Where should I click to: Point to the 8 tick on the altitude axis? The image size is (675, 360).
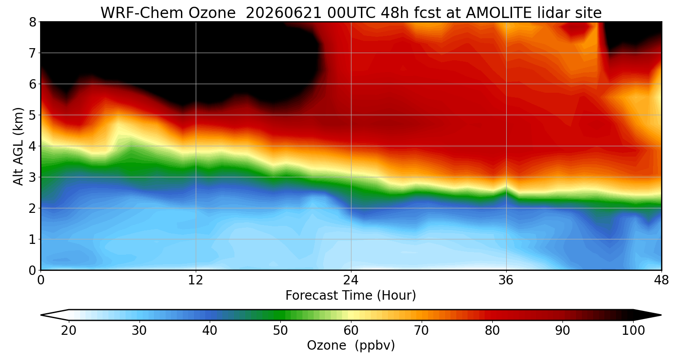[x=32, y=22]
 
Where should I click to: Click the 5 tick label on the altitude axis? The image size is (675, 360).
[x=32, y=115]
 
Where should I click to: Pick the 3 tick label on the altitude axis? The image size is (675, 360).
[x=32, y=177]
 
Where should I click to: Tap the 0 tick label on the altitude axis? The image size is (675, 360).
[x=32, y=270]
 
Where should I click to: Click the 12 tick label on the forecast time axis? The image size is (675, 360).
[x=196, y=280]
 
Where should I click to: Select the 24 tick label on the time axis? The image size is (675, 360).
[x=351, y=280]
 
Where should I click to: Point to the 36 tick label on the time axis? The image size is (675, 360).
[x=506, y=280]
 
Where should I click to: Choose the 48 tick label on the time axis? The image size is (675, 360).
[x=661, y=280]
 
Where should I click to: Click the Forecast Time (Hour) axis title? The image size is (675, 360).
[x=351, y=296]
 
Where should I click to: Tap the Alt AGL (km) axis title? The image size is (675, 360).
[x=18, y=146]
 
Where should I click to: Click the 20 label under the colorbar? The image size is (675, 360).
[x=69, y=331]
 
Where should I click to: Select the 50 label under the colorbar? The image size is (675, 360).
[x=280, y=331]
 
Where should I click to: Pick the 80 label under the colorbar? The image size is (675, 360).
[x=492, y=331]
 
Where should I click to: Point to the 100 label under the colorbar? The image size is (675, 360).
[x=634, y=331]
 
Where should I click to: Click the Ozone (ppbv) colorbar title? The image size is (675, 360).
[x=351, y=346]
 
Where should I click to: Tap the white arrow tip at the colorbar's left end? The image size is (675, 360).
[x=41, y=315]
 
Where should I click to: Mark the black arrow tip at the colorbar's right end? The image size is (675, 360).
[x=661, y=315]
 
